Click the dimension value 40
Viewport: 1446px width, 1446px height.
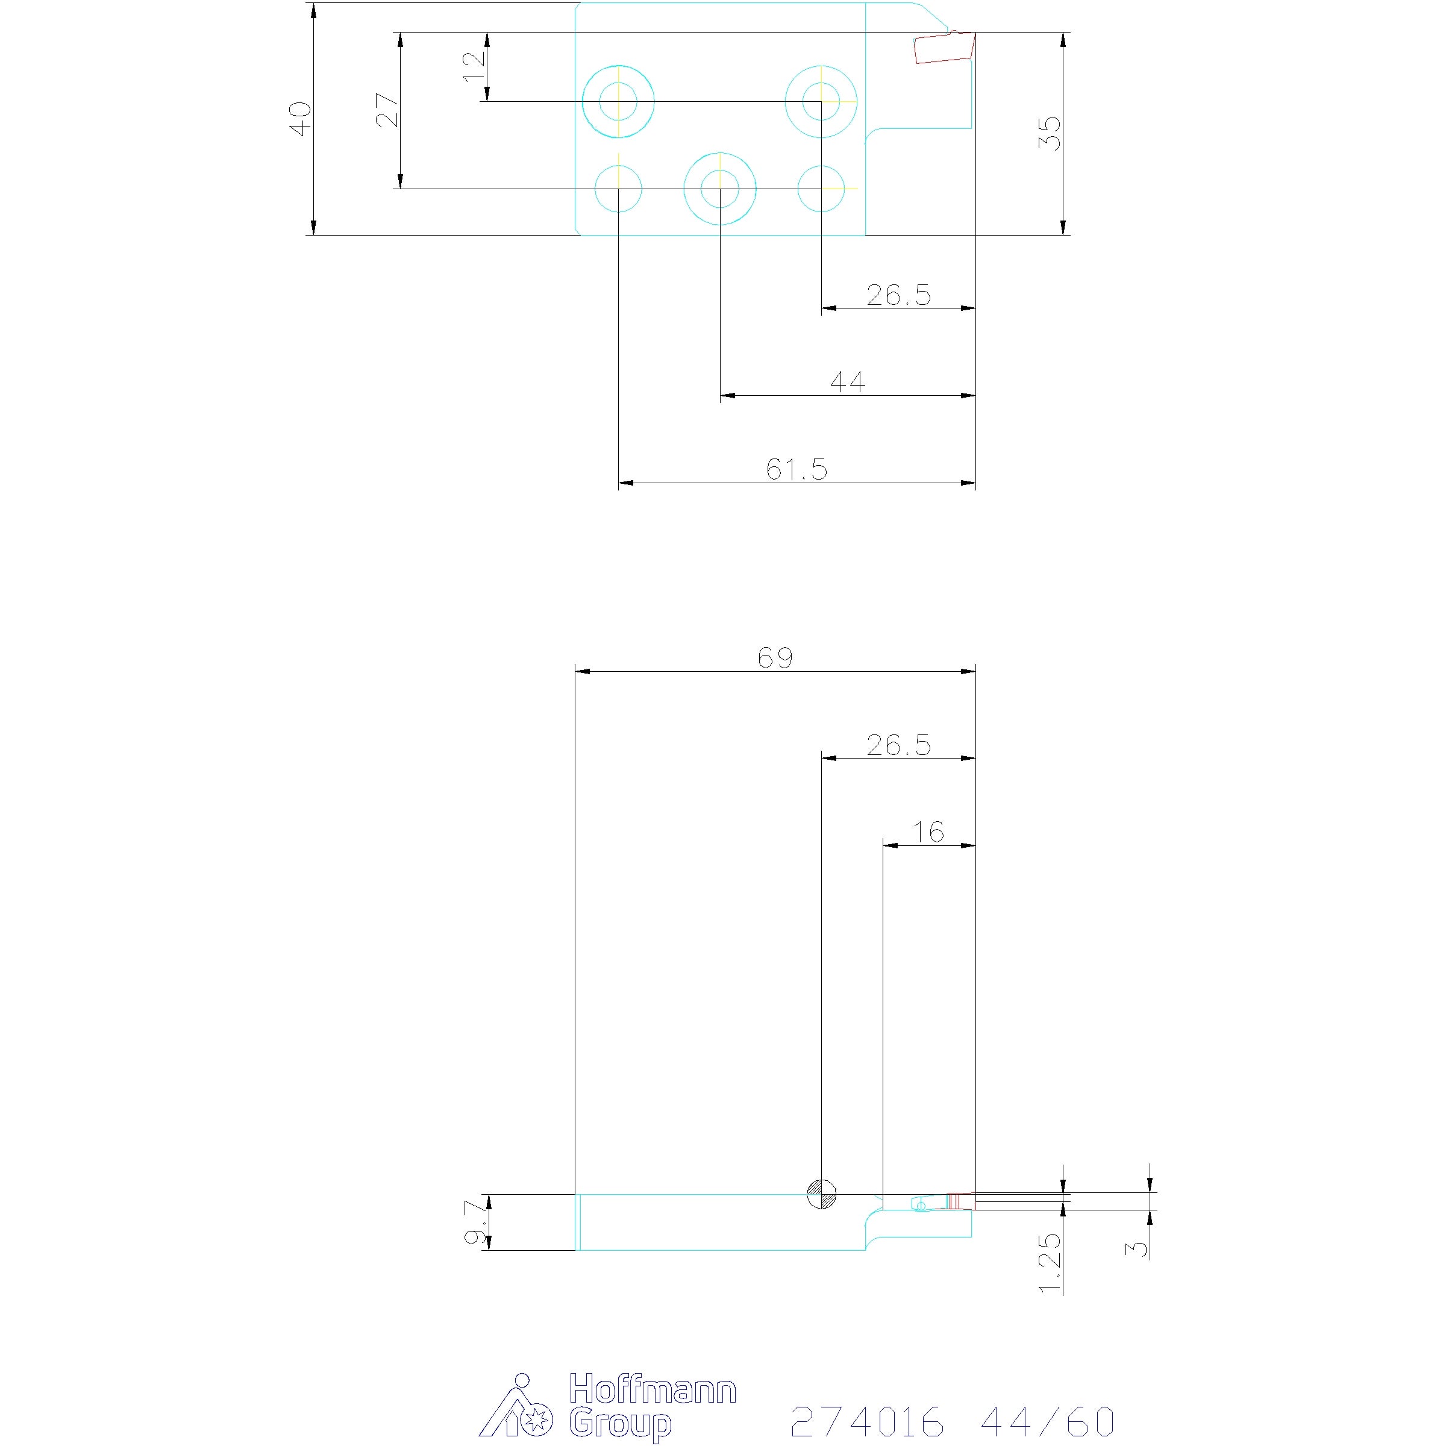coord(300,119)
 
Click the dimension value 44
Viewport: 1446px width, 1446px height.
coord(848,383)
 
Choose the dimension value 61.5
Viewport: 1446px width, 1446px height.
coord(797,469)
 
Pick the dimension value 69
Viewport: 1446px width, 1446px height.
coord(775,658)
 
